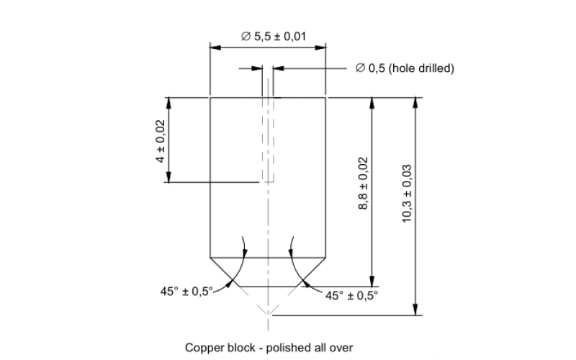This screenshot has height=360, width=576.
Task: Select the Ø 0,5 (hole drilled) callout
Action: click(404, 68)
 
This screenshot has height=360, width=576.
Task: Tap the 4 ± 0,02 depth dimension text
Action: click(161, 140)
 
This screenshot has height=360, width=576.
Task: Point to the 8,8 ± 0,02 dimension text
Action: click(363, 184)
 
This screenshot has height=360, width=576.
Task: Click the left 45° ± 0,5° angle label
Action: click(186, 291)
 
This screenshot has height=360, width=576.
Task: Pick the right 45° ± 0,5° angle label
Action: click(351, 295)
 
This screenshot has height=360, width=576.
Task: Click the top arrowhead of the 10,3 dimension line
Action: click(415, 102)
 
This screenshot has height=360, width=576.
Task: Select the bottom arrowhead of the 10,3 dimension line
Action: click(415, 310)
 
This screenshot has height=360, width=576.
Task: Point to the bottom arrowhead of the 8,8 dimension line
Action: click(372, 282)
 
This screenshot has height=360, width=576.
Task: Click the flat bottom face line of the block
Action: click(268, 286)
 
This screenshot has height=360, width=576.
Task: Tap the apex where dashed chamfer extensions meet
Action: click(268, 315)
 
